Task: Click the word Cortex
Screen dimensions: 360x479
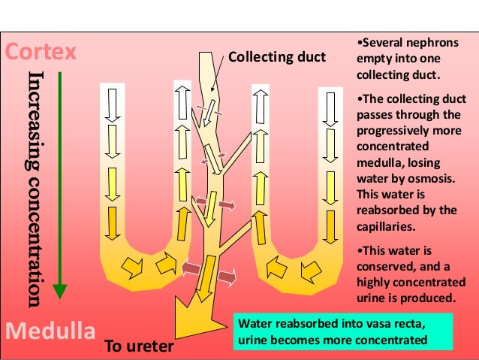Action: (x=41, y=53)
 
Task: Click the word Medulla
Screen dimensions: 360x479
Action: (x=50, y=331)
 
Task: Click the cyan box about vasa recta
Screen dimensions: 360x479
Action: (x=342, y=331)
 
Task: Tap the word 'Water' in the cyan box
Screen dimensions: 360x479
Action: (x=253, y=324)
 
